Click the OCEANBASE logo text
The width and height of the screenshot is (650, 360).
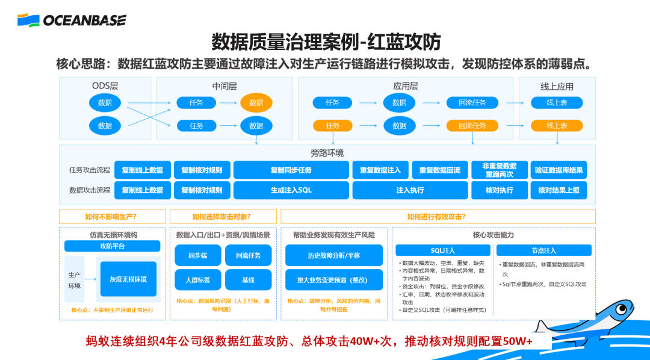84,20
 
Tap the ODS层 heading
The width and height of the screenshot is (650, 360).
105,86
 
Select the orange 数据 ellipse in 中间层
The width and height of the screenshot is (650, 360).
256,103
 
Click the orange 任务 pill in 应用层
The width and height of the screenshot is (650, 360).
332,126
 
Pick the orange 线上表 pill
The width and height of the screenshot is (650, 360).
557,126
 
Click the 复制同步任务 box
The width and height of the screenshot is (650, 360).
291,170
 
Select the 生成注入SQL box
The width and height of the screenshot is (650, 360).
291,190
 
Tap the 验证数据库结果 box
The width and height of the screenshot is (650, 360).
559,170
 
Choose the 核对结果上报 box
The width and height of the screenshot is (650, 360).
559,190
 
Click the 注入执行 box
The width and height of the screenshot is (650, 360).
410,190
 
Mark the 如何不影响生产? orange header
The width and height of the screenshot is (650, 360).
112,217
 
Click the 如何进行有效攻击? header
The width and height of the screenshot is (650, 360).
438,217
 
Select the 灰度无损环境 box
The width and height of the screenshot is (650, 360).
128,279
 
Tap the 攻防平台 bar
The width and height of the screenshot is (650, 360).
112,246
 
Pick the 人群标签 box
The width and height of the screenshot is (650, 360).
197,280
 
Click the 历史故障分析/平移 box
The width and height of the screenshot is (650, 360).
333,255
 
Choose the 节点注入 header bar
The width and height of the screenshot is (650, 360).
543,250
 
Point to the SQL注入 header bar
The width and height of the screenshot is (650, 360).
443,250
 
